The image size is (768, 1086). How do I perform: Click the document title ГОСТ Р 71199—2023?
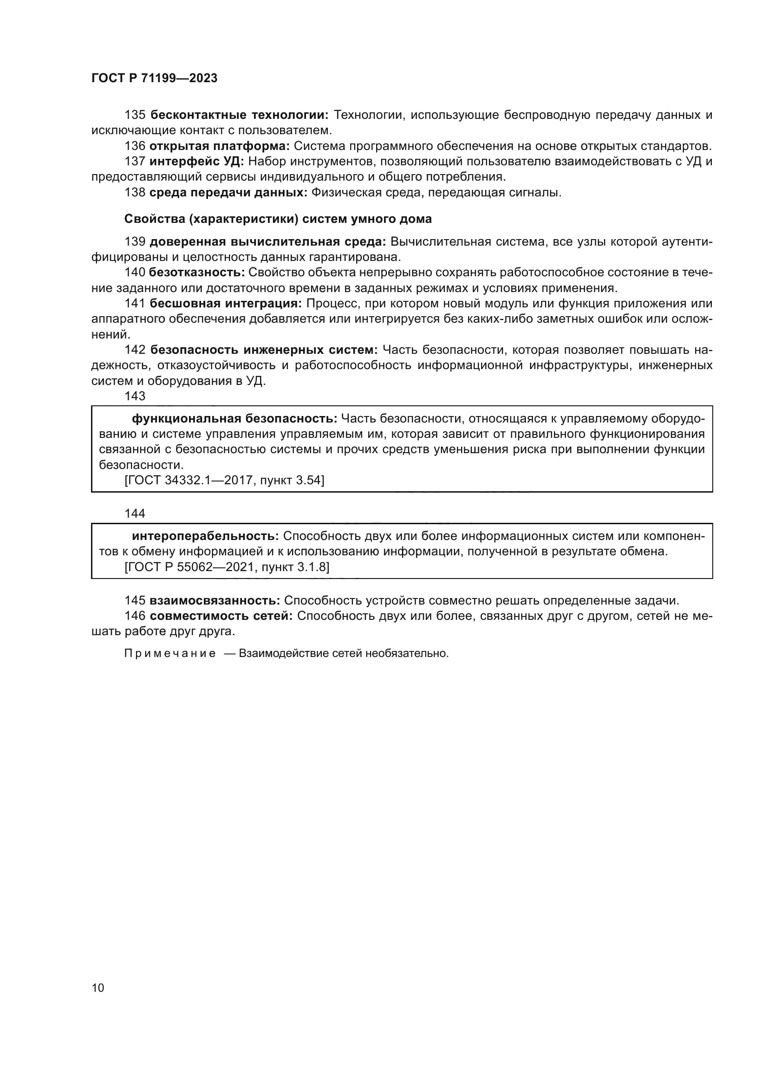tap(154, 78)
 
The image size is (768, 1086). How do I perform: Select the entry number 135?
tap(135, 115)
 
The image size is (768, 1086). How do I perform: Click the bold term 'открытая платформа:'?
tap(220, 146)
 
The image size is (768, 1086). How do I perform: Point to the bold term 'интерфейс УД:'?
tap(196, 161)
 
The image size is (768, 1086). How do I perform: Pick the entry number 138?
tap(135, 193)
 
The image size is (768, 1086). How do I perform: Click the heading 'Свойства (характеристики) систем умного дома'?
tap(278, 219)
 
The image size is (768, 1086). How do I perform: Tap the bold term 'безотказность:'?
tap(197, 273)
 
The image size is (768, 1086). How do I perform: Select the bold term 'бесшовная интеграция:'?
tap(226, 303)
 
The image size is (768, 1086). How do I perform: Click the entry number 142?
tap(135, 350)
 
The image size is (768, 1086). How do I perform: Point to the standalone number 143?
tap(135, 397)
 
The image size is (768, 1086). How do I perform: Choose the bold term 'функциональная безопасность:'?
tap(234, 419)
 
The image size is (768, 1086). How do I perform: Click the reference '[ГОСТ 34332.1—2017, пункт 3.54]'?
tap(224, 481)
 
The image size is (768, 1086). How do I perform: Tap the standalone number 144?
tap(135, 514)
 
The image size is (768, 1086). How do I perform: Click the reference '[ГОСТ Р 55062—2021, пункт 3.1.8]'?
tap(227, 566)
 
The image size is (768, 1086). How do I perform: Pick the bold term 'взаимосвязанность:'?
tap(215, 601)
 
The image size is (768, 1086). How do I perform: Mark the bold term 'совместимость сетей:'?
tap(221, 616)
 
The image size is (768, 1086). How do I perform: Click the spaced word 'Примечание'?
tap(170, 654)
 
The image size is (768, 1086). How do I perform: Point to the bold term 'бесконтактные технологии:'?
tap(239, 115)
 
